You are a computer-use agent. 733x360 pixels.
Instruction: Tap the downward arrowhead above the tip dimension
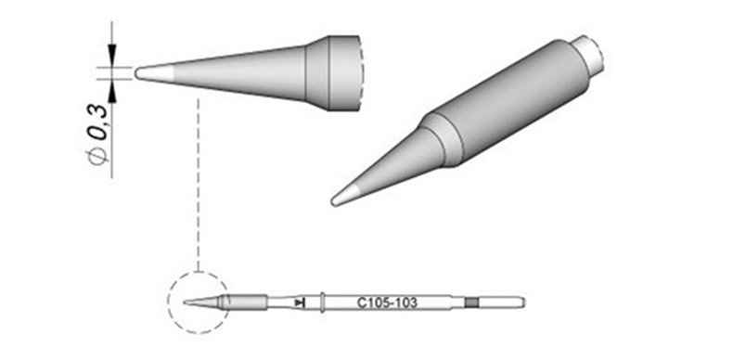coord(111,51)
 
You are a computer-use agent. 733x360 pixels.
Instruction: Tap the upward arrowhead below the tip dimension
coord(111,95)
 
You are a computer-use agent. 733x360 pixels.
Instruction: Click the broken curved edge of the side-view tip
coord(360,72)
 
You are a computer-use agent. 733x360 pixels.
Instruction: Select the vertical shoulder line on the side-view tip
coord(329,72)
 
